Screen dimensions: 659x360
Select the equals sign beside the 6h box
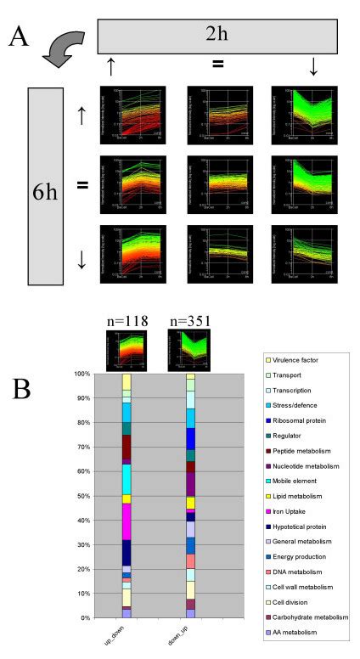coord(82,183)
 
